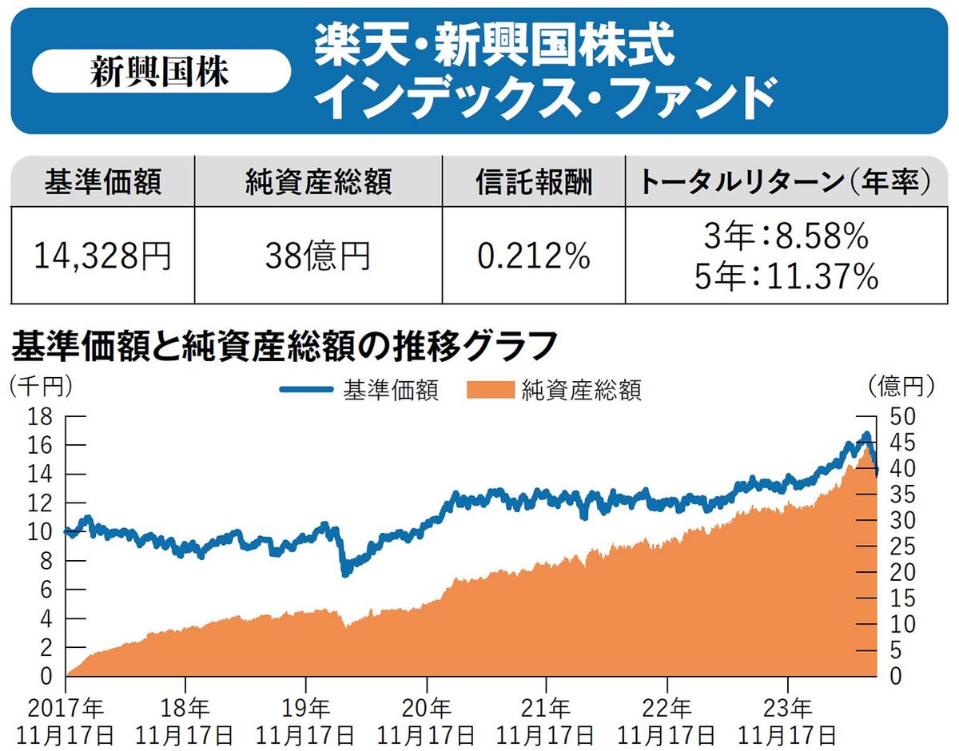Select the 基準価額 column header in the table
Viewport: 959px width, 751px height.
pos(103,183)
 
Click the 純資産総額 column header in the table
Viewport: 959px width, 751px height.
pos(318,183)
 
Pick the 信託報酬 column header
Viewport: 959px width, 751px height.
pos(533,183)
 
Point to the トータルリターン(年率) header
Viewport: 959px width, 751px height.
pos(786,183)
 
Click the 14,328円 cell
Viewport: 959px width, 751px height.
pos(103,256)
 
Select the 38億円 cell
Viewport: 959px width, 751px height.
pos(318,256)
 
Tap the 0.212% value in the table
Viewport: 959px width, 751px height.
pos(533,256)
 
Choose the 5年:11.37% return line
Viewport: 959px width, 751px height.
pos(787,276)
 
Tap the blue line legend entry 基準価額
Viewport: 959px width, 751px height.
pos(360,390)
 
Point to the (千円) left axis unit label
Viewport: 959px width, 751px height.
pos(40,386)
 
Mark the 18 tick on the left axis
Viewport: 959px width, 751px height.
pos(41,415)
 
